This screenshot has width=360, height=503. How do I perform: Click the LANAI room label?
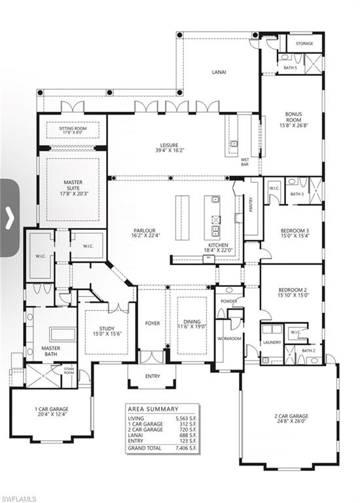point(218,72)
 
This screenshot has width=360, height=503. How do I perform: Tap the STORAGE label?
point(304,44)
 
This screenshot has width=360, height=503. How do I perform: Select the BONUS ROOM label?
point(293,117)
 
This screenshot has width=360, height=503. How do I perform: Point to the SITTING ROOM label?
point(73,130)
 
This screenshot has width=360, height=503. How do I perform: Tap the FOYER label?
point(152,323)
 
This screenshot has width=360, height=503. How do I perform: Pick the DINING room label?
point(192,323)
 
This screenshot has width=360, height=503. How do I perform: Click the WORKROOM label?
point(229,339)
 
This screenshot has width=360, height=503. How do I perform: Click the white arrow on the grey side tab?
point(9,217)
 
